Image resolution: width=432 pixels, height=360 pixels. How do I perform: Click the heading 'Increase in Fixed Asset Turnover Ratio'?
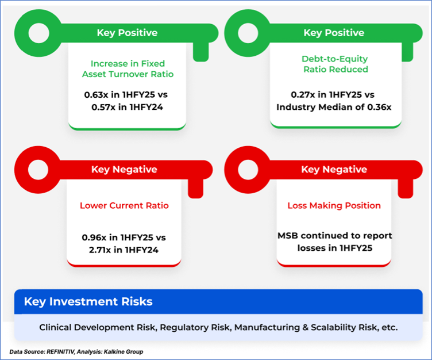128,69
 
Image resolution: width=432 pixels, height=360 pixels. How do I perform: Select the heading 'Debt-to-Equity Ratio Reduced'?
335,64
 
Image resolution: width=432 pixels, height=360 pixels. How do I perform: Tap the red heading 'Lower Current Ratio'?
124,205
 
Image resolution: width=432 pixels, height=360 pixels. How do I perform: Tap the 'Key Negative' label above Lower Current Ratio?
124,170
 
